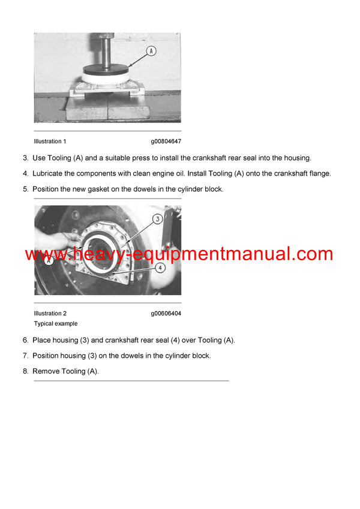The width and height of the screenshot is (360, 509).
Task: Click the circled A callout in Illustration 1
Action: coord(151,51)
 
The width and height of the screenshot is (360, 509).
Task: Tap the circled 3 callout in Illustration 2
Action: coord(158,219)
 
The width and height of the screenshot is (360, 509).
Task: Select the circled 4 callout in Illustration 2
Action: coord(160,268)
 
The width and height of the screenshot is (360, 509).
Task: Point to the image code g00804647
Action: coord(166,141)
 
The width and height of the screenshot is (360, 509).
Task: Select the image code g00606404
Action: coord(166,314)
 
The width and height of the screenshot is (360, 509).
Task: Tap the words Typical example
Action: coord(56,324)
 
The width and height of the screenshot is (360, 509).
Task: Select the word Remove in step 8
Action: coord(45,372)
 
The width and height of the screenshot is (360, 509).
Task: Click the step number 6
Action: coord(25,341)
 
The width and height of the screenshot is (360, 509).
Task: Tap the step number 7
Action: coord(25,356)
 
